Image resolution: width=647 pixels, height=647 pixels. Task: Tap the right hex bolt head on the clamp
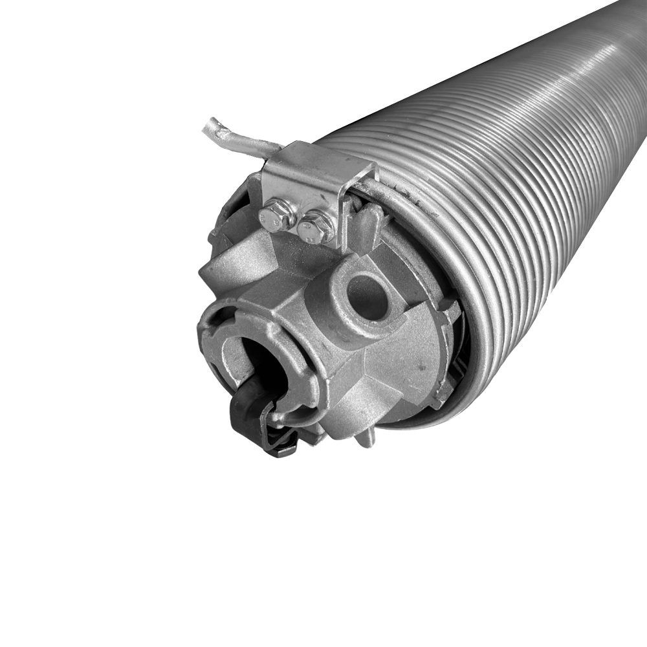point(316,227)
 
